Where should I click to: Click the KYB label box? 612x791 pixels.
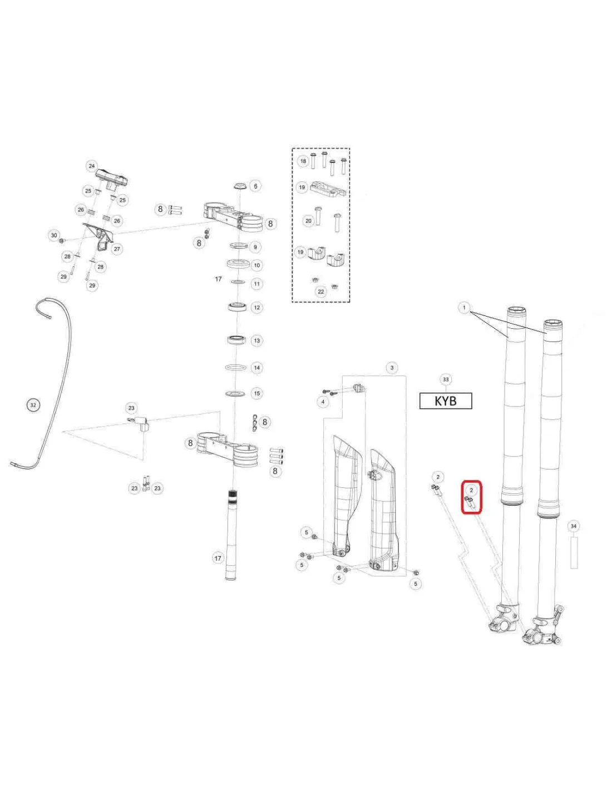pos(446,401)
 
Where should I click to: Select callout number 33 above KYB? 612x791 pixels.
pos(446,379)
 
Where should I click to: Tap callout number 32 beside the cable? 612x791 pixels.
pos(33,405)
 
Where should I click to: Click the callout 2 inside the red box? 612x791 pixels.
pos(471,490)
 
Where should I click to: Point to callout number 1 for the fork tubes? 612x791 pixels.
pos(464,308)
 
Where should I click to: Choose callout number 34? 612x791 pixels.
pos(574,526)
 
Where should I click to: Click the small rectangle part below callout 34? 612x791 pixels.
pos(574,553)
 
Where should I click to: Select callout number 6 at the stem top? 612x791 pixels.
pos(255,186)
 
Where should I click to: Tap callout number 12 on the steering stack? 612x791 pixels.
pos(257,307)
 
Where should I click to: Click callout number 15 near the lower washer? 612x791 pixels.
pos(257,393)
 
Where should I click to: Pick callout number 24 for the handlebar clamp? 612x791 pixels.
pos(92,166)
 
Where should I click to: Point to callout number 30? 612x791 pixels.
pos(54,235)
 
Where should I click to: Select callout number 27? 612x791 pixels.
pos(117,249)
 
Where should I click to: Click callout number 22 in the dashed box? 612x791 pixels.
pos(321,291)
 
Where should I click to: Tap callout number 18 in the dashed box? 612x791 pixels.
pos(303,161)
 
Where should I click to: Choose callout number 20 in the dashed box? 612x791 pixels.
pos(308,221)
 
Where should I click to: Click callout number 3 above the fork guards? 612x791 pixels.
pos(392,368)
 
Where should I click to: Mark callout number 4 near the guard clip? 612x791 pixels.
pos(323,402)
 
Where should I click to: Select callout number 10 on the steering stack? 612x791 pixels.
pos(257,265)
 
